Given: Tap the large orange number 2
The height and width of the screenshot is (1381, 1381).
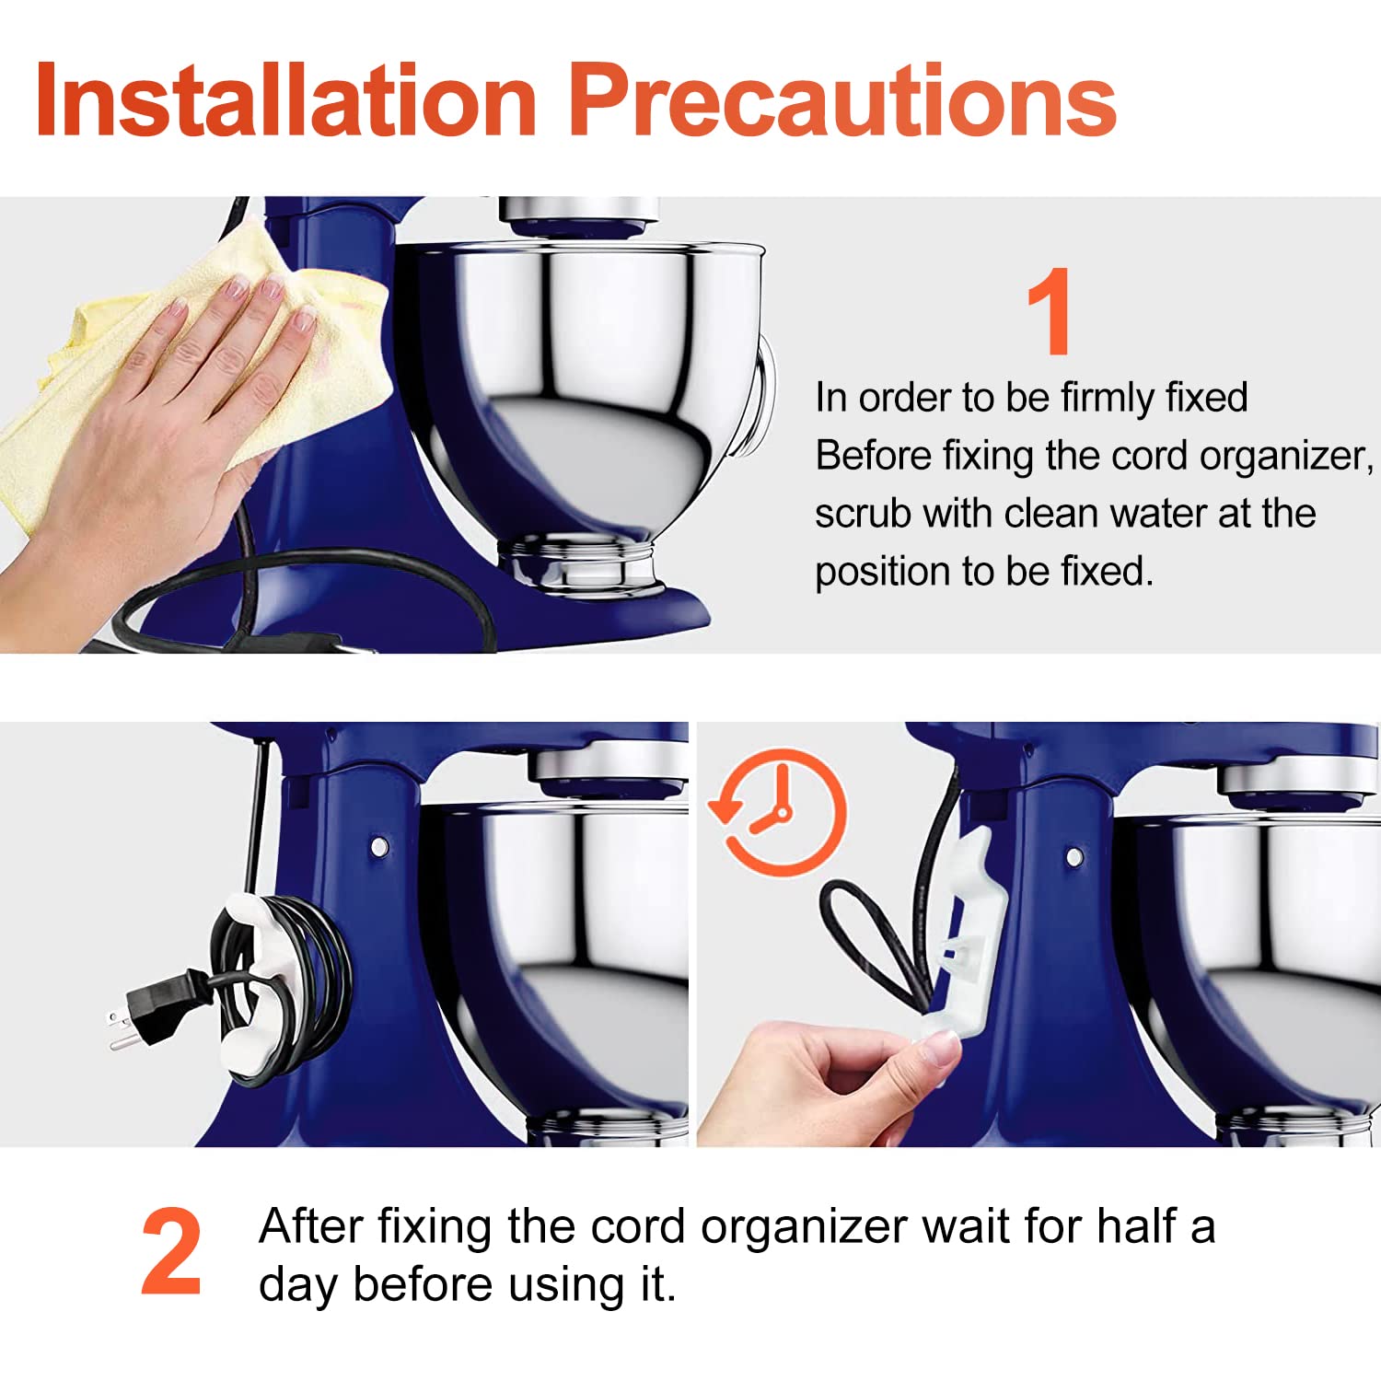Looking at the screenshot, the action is (171, 1251).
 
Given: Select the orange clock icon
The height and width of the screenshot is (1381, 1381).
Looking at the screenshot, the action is (779, 811).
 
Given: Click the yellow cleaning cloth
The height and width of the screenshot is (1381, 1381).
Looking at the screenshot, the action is (184, 359).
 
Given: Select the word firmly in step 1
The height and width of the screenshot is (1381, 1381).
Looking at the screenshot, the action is (1108, 398).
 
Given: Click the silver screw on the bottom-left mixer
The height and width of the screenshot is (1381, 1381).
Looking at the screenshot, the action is (378, 845).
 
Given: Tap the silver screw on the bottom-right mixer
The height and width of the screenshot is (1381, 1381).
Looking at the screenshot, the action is (1073, 857).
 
